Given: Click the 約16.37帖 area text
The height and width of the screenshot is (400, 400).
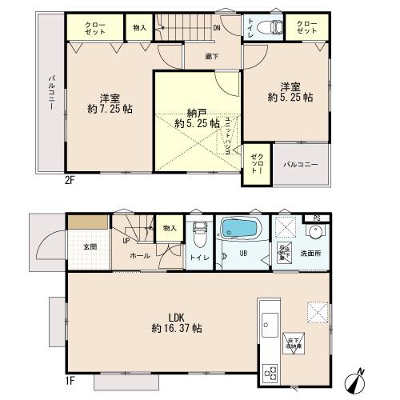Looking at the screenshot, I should tap(177, 328).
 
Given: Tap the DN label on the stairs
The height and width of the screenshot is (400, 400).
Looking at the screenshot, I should tap(216, 30).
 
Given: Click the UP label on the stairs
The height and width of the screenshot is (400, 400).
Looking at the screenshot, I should tap(125, 238).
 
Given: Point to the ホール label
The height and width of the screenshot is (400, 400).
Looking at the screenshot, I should tap(139, 256).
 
